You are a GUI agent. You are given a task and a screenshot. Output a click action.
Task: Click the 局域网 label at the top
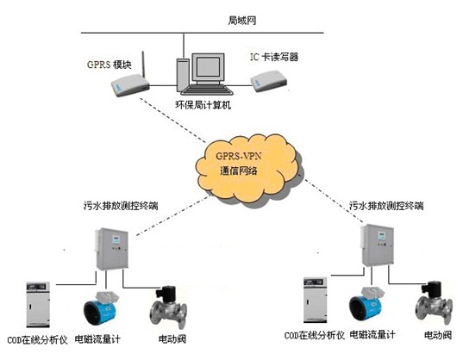click(x=242, y=21)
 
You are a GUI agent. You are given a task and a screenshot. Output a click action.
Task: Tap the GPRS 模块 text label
click(x=109, y=65)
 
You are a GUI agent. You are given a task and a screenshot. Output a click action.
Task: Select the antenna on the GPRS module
click(x=143, y=65)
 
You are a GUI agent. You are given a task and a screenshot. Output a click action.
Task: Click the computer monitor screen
click(x=208, y=67)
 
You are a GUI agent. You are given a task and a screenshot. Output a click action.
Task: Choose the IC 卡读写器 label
click(x=274, y=57)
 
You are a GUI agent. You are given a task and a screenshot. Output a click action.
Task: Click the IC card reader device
click(x=269, y=81)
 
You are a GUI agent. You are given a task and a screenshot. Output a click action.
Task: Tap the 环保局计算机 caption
click(x=203, y=104)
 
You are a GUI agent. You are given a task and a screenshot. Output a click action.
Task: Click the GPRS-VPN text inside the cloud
click(x=234, y=156)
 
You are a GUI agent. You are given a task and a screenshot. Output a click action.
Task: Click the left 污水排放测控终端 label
click(x=121, y=206)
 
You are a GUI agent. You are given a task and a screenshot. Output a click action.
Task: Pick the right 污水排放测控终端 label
click(x=386, y=206)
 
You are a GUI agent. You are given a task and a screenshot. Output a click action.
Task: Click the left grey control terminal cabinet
click(x=111, y=249)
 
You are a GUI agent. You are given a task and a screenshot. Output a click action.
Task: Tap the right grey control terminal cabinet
click(x=377, y=245)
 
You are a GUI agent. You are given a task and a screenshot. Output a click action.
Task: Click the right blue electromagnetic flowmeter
click(x=366, y=304)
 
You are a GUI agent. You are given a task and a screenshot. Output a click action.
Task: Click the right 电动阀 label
click(x=438, y=335)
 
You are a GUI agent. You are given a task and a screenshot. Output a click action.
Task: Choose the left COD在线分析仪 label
click(x=37, y=340)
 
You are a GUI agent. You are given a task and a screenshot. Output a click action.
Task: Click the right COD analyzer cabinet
click(x=316, y=300)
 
